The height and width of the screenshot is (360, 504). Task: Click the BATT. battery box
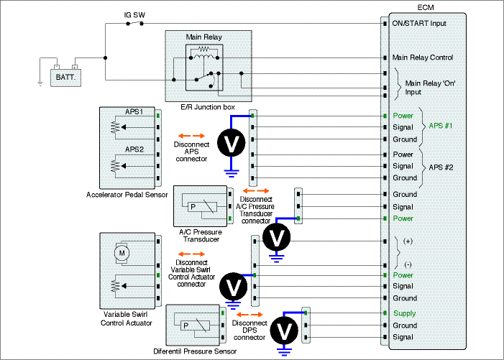(65, 78)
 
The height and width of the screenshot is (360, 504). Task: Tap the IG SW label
(134, 15)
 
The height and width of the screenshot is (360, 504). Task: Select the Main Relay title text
(203, 37)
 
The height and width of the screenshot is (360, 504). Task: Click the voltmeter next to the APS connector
(232, 143)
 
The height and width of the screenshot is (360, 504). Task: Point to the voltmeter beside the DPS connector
(284, 331)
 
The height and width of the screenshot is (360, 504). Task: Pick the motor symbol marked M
(122, 253)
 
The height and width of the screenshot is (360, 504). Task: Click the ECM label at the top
(426, 7)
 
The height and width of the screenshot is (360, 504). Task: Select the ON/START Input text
(419, 24)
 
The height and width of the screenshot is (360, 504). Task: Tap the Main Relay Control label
(423, 57)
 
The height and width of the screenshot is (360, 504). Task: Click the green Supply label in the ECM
(404, 313)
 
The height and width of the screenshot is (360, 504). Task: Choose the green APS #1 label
(440, 126)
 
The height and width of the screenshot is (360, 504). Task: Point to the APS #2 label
(441, 167)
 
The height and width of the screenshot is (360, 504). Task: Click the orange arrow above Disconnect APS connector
(191, 136)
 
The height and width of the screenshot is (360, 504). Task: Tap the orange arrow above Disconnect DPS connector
(249, 315)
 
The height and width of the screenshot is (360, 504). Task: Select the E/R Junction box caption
(208, 107)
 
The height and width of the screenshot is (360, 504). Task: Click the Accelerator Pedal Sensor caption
(127, 195)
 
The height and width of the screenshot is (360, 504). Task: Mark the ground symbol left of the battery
(40, 83)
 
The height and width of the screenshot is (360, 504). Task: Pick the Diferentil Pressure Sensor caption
(195, 351)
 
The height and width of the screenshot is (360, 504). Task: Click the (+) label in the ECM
(408, 241)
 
